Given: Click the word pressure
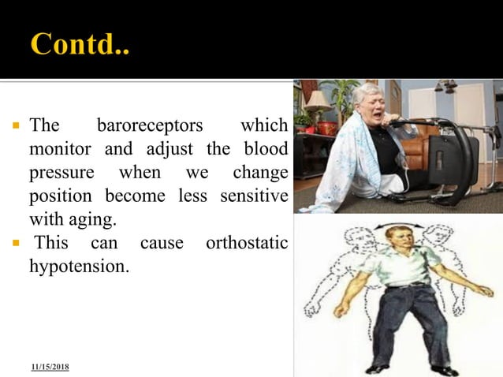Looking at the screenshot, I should pos(61,172).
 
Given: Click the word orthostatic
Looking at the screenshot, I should pos(247,242).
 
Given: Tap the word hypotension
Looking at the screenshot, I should pos(79,266).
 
